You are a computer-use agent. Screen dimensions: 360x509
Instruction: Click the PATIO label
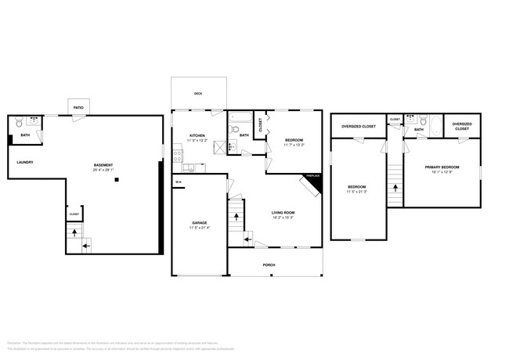click(78, 107)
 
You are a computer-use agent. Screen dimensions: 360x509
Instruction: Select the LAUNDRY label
click(25, 162)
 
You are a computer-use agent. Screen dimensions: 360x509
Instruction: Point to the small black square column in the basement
click(116, 180)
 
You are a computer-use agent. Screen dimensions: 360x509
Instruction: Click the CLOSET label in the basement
click(74, 213)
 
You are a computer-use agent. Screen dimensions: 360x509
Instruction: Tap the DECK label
click(198, 94)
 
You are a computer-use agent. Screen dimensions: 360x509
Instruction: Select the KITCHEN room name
click(197, 135)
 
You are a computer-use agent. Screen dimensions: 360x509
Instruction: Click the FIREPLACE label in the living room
click(312, 175)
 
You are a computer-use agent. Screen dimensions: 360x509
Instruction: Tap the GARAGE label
click(200, 222)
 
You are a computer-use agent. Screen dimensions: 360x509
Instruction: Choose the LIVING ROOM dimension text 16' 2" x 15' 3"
click(283, 218)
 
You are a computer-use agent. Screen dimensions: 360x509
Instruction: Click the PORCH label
click(269, 265)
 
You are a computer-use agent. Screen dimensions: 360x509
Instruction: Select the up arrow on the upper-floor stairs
click(395, 188)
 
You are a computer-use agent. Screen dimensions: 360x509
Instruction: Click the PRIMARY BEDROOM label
click(442, 167)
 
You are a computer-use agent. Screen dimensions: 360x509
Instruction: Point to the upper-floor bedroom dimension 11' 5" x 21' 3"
click(357, 191)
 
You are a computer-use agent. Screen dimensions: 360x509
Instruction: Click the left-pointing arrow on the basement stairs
click(85, 246)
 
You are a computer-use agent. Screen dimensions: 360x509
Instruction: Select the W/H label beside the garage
click(178, 182)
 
